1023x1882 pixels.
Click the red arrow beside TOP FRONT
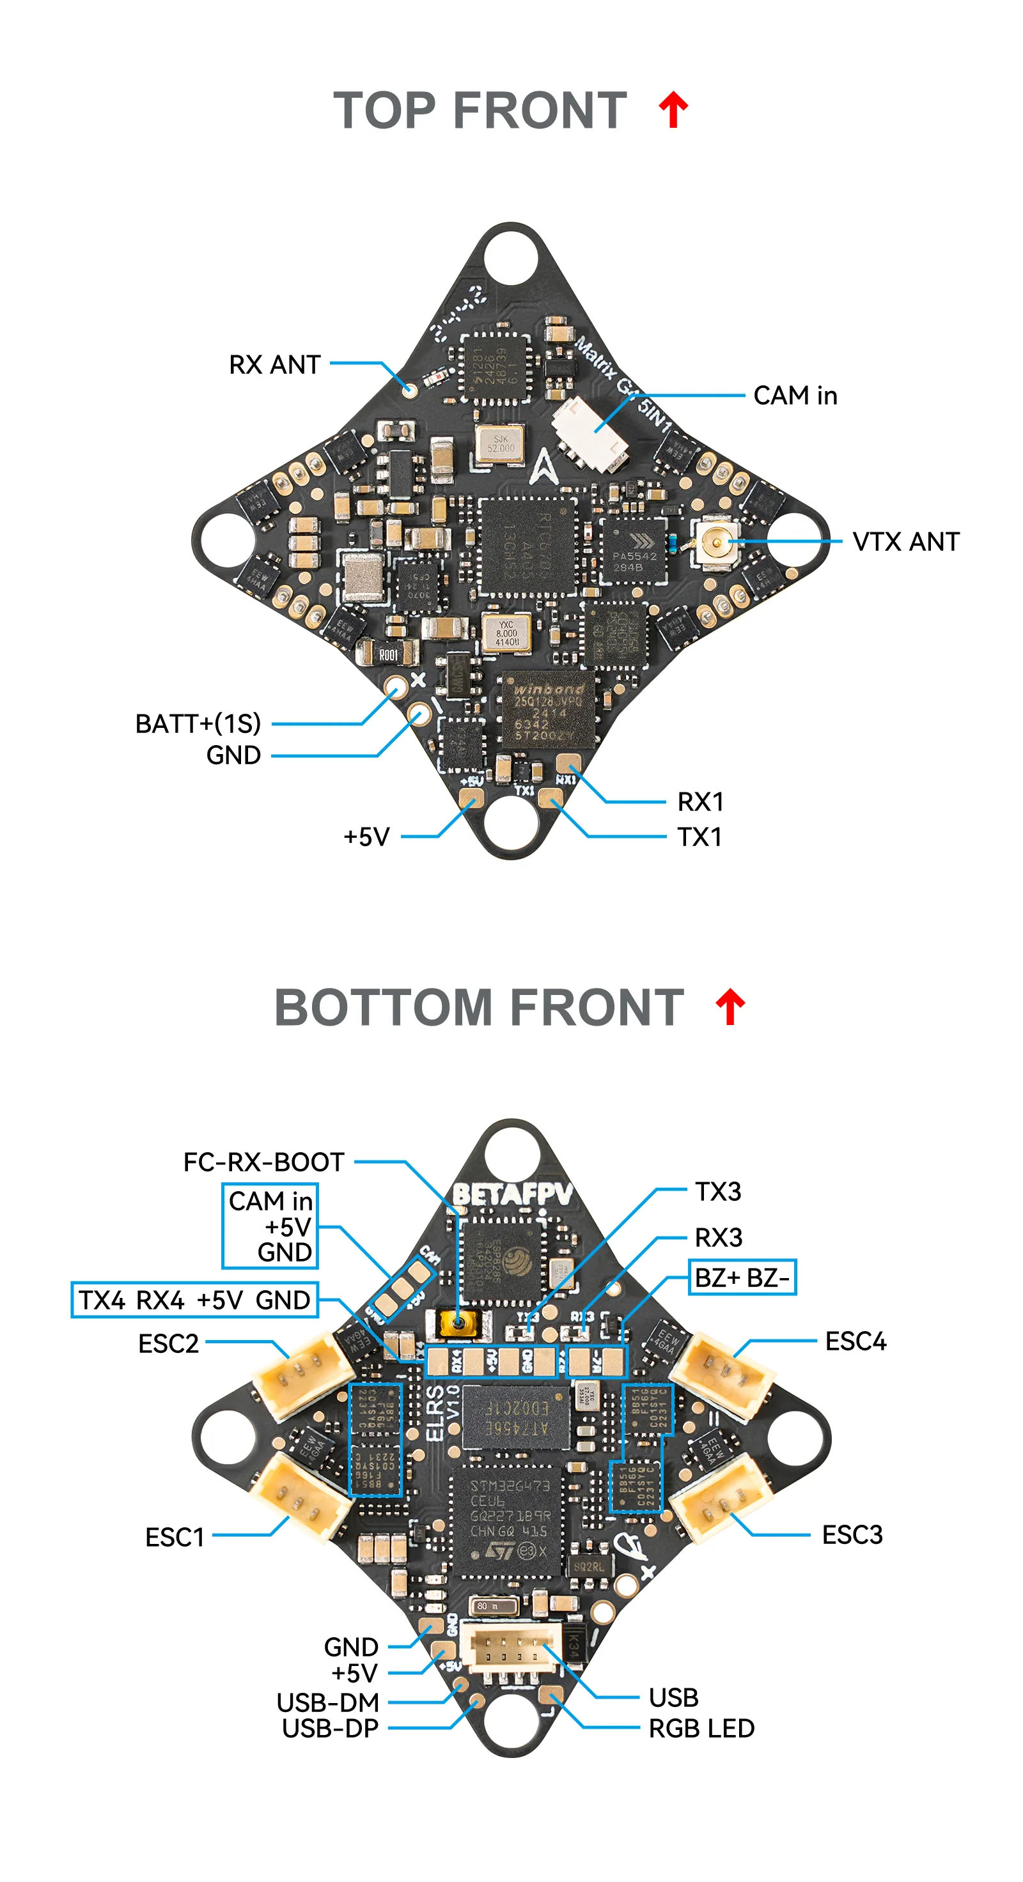[x=673, y=111]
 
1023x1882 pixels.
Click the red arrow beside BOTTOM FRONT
[x=730, y=1008]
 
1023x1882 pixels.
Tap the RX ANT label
[x=275, y=364]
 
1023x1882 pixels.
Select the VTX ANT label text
[x=905, y=542]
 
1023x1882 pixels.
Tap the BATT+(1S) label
[x=198, y=723]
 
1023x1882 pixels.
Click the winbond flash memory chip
[x=547, y=710]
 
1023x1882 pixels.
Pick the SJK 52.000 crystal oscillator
[x=501, y=444]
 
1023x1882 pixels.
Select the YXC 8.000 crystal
[x=506, y=633]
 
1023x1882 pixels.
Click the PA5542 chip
[x=634, y=550]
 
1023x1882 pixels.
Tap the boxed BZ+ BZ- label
[x=742, y=1278]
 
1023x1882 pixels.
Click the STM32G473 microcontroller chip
[x=508, y=1520]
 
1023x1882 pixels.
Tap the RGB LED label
[x=701, y=1729]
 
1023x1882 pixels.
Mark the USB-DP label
[x=331, y=1729]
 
